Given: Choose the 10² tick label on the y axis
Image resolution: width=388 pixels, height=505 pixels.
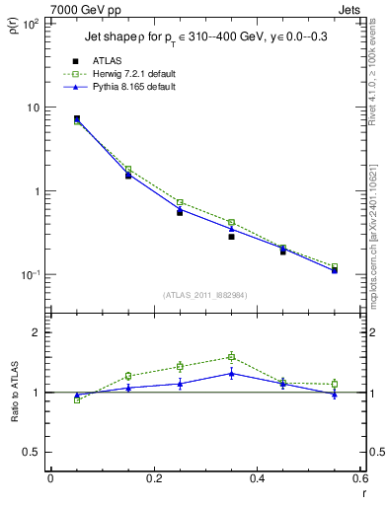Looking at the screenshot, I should point(30,24).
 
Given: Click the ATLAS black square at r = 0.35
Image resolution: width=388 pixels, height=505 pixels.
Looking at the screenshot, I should point(231,237).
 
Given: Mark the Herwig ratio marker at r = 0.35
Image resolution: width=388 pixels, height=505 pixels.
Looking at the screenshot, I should point(231,357).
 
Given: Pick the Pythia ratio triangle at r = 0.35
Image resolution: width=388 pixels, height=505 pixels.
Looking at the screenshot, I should point(231,373).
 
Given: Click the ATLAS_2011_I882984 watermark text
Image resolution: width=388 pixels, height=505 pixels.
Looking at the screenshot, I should point(206,295).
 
